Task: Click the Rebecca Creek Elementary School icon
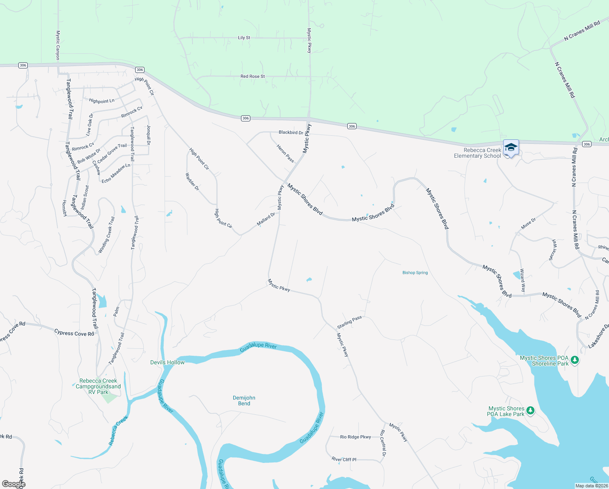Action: tap(511, 147)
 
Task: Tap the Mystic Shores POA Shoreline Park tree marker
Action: tap(574, 360)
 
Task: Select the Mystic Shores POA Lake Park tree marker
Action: tap(530, 410)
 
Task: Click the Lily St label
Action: tap(244, 38)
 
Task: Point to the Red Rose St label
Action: tap(252, 76)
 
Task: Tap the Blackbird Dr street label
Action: tap(291, 132)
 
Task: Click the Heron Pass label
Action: tap(285, 153)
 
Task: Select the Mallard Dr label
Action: tap(266, 219)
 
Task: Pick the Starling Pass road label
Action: tap(349, 322)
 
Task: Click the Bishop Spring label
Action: tap(415, 273)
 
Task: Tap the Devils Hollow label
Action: tap(167, 362)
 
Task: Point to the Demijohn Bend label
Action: tap(244, 401)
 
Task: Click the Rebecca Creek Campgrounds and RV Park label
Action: tap(98, 386)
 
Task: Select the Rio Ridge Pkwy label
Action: tap(355, 437)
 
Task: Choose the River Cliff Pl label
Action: tap(344, 459)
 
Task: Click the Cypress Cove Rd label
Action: tap(74, 333)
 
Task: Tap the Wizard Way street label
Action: tap(522, 280)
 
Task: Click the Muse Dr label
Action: tap(528, 224)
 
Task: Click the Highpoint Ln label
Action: tap(101, 101)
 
